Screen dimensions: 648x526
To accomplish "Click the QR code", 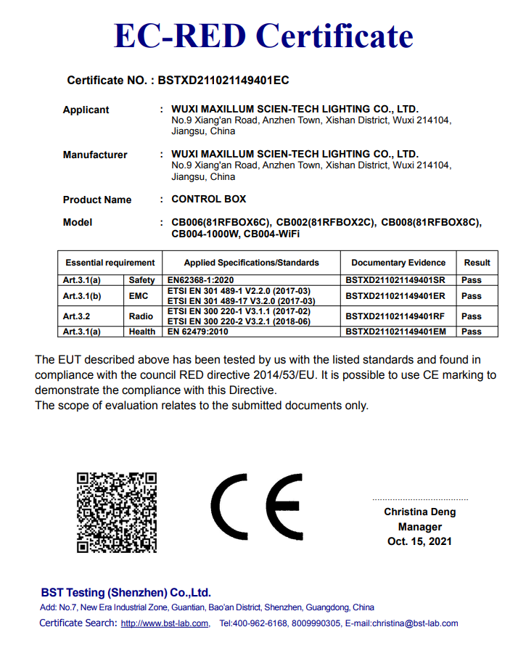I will click(117, 512).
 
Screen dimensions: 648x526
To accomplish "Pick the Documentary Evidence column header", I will click(398, 263).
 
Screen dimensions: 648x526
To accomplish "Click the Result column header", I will click(477, 263).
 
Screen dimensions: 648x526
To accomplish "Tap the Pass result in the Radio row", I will click(472, 316).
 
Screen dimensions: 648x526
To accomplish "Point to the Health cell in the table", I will click(142, 332).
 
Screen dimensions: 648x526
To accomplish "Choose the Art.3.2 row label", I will click(77, 316).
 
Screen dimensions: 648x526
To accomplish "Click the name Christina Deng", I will click(420, 512).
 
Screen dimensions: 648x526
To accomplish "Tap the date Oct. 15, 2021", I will click(419, 541).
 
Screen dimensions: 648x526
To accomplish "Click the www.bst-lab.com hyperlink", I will click(164, 623).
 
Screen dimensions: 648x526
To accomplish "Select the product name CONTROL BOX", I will click(209, 199).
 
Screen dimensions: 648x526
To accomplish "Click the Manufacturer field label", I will click(95, 155).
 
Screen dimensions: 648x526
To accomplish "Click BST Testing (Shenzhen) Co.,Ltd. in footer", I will click(126, 592).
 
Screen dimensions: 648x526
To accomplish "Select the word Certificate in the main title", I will click(334, 36).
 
